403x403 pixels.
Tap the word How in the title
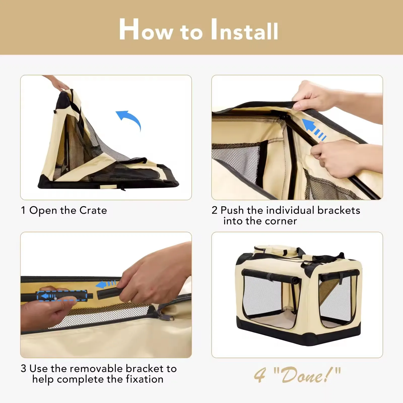(146, 30)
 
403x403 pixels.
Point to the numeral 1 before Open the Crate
(23, 210)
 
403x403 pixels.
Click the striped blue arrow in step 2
(314, 129)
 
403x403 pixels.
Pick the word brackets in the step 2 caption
(339, 210)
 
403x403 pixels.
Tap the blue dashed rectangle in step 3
(62, 296)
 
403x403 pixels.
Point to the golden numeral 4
(260, 375)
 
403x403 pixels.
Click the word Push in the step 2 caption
(232, 210)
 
